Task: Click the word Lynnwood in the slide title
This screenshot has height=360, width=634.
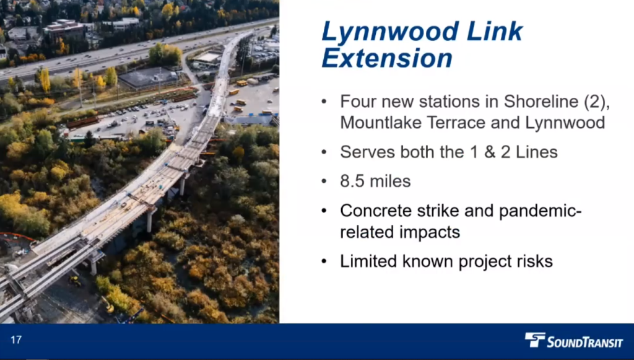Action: point(391,32)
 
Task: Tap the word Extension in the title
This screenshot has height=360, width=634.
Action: point(387,58)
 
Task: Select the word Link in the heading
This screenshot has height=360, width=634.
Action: point(495,31)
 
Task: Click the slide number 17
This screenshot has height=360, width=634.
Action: point(16,340)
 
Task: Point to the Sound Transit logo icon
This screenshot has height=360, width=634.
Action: point(535,340)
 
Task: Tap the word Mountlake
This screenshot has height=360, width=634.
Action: point(380,123)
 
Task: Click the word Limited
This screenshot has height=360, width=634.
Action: point(368,261)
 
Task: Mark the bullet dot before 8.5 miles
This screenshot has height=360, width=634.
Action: point(324,182)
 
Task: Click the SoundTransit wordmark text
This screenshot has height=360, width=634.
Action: point(584,343)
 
